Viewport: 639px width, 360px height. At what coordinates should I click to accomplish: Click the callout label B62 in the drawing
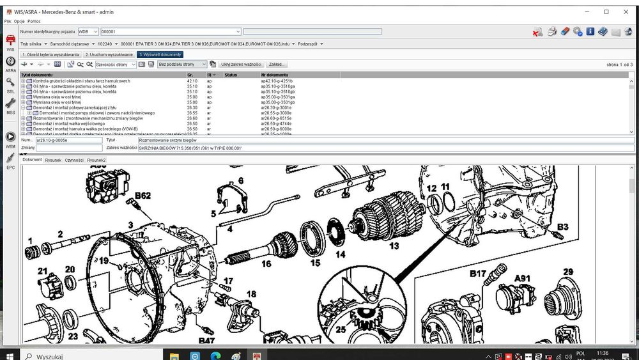142,196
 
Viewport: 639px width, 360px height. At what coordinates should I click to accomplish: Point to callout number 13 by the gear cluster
394,246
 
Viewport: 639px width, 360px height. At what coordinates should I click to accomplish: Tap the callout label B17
478,274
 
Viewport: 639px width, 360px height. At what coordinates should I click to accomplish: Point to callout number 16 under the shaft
266,263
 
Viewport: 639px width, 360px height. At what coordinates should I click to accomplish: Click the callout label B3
562,226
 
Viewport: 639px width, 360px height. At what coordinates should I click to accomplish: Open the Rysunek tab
54,160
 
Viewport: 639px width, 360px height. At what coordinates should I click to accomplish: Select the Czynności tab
74,160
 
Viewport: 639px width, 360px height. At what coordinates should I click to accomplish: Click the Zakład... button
277,65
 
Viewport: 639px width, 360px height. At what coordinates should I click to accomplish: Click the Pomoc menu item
34,21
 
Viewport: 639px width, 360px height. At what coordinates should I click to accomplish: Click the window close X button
624,12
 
